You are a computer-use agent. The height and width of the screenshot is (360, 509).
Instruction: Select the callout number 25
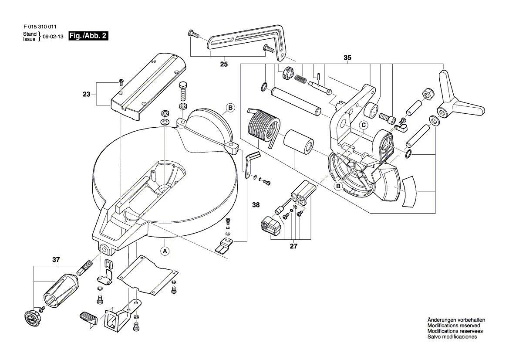pos(224,65)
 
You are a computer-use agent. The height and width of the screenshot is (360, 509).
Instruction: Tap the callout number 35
pos(347,58)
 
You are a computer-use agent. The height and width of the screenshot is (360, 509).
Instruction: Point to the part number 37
pos(55,260)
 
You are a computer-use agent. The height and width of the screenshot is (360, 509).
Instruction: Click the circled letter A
pos(165,251)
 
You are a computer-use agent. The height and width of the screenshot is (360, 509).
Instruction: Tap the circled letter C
pos(363,125)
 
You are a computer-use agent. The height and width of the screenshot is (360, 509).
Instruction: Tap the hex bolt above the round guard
pos(183,91)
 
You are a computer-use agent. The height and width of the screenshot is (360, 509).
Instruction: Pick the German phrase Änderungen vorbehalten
pos(456,320)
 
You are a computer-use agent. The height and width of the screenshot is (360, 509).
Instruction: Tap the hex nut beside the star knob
pos(427,92)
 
